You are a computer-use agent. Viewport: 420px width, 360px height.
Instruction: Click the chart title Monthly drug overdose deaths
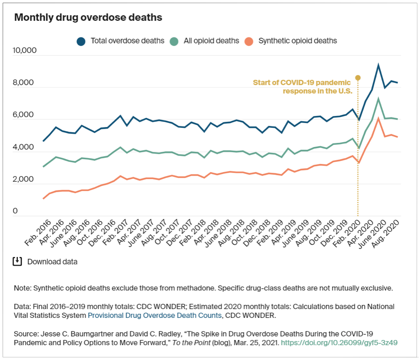[x=88, y=17]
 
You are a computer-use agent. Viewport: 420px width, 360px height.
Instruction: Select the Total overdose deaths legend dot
[x=81, y=41]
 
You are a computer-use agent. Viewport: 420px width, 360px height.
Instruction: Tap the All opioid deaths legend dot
[x=174, y=41]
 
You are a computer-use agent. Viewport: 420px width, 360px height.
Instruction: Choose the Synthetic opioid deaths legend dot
[x=249, y=41]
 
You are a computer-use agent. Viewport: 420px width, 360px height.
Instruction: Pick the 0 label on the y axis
[x=15, y=211]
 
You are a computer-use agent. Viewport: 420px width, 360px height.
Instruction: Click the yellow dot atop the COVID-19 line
[x=358, y=78]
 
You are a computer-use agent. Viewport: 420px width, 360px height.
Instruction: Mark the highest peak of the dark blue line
[x=379, y=65]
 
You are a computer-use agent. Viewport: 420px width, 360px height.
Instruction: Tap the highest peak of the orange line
[x=379, y=118]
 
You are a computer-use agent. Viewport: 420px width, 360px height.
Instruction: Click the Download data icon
[x=17, y=261]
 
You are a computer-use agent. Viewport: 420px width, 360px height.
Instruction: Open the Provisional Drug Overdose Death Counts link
[x=154, y=315]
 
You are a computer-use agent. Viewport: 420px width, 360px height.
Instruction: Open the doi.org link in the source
[x=339, y=343]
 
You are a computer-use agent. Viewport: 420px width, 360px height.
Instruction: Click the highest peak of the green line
[x=379, y=99]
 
